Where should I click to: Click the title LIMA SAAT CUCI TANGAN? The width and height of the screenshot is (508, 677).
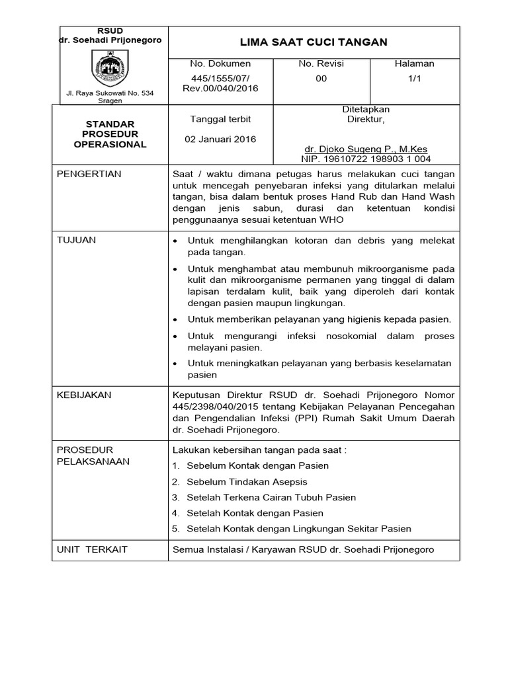click(314, 42)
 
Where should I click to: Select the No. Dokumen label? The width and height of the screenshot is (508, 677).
click(220, 63)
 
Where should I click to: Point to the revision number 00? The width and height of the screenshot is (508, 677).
click(321, 77)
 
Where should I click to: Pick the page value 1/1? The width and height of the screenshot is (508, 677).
click(414, 77)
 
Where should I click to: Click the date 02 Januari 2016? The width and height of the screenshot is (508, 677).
click(220, 139)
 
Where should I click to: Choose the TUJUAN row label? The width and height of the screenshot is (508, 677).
click(77, 240)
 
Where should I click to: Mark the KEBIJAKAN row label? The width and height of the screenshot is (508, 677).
click(84, 395)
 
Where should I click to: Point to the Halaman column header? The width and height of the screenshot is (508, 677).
click(414, 63)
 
